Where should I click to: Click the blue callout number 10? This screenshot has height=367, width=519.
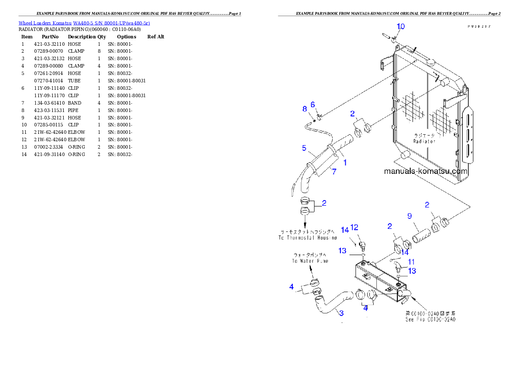(x=400, y=27)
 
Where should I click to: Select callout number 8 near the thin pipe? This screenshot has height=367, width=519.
(x=305, y=109)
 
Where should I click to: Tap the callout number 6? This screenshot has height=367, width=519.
(x=313, y=105)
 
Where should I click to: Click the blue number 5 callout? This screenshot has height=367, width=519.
(x=304, y=148)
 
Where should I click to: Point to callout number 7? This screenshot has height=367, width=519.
(x=334, y=172)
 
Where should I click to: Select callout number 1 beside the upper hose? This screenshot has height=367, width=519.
(x=345, y=163)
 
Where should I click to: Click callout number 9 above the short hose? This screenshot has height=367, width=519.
(x=410, y=216)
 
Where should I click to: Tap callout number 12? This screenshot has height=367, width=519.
(x=354, y=227)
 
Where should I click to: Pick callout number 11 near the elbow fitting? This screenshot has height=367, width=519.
(x=411, y=262)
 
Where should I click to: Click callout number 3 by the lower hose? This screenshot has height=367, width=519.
(x=341, y=313)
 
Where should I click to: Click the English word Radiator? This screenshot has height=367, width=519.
(x=424, y=141)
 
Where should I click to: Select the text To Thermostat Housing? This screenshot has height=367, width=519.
(x=308, y=238)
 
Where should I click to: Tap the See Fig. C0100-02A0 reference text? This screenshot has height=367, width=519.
(x=430, y=319)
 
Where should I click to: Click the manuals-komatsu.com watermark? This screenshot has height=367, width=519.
(x=426, y=171)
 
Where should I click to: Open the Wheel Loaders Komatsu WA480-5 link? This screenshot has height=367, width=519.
(x=84, y=23)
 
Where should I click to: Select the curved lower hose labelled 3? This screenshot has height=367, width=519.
(x=334, y=301)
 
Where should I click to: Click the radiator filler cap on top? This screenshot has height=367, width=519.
(x=432, y=62)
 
